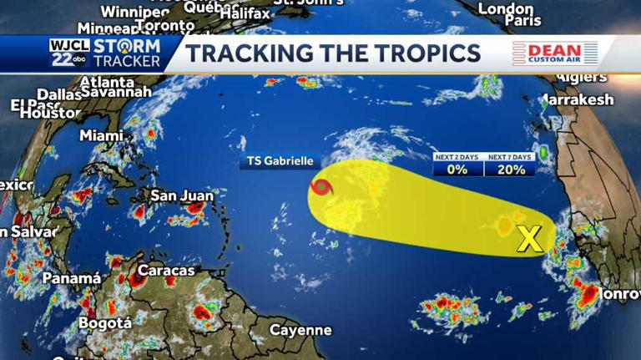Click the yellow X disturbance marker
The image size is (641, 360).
pos(529,240)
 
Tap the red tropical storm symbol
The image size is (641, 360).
pos(320,188)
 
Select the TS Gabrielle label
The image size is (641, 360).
pos(279,161)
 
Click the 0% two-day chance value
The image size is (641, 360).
pos(457,170)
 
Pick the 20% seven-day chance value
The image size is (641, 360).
pos(509,170)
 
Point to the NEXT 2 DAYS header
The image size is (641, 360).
pos(457,157)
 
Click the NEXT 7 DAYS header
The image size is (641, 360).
pos(509,157)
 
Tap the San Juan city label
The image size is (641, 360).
pos(182,196)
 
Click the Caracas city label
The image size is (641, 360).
pos(166,271)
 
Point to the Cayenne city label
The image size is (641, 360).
pos(300,330)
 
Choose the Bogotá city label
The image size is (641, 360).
pos(105,322)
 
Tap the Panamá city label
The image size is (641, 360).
pos(72,278)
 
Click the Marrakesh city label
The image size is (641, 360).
pos(578,100)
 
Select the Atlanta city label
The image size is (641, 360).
pos(107,82)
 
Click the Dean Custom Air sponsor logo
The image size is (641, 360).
pos(555,53)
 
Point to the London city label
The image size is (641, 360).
pos(506,8)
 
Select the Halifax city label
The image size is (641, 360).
pos(246,13)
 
